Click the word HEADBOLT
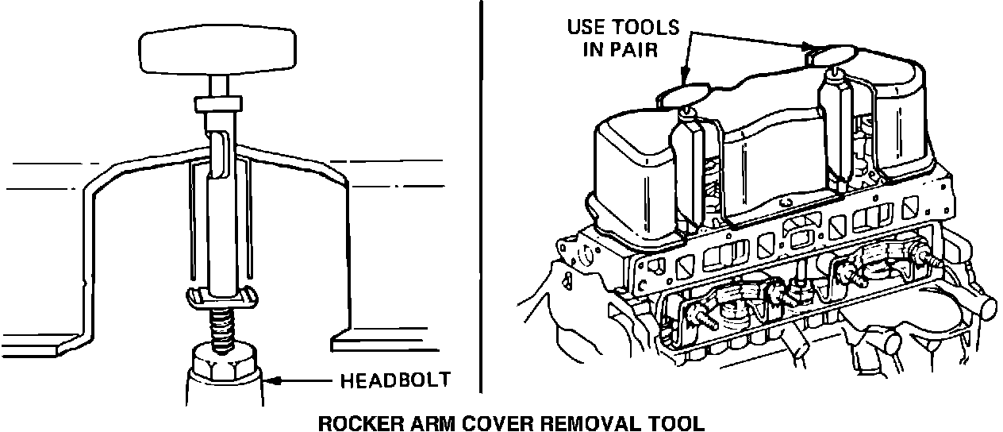point(394,380)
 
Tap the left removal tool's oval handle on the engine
point(686,94)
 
